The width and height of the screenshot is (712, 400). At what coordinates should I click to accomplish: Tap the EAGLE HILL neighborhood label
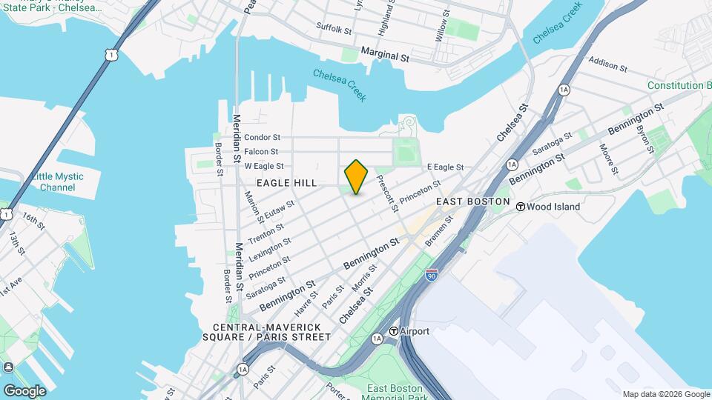[x=286, y=182]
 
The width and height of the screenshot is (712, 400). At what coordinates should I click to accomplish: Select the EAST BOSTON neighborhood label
[x=472, y=201]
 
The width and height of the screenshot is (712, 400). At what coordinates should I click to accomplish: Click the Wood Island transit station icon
[x=521, y=207]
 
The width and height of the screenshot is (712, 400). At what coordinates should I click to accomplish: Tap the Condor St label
[x=262, y=137]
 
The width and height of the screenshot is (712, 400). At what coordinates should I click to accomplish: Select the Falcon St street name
[x=262, y=151]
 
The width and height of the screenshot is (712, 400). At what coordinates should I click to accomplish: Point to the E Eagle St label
[x=445, y=167]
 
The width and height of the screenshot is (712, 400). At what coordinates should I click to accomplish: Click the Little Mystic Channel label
[x=57, y=181]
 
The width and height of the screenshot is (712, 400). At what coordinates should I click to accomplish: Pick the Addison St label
[x=607, y=64]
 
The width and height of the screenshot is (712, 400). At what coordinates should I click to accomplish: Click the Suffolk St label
[x=333, y=29]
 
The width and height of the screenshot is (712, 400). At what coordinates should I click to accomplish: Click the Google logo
[x=24, y=390]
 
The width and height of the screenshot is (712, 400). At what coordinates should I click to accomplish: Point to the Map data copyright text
[x=665, y=394]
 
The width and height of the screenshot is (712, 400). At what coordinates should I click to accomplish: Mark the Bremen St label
[x=438, y=230]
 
